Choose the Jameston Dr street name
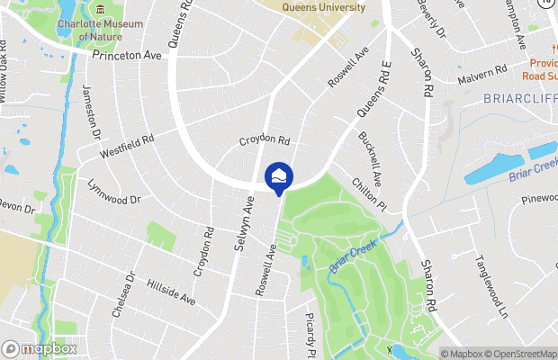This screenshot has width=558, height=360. [94, 112]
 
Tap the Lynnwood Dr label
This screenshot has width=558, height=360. [114, 191]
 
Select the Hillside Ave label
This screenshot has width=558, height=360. [171, 290]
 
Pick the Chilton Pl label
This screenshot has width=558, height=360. [371, 193]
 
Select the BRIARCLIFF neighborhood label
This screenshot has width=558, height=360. [520, 96]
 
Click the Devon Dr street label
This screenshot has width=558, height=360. [16, 208]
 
